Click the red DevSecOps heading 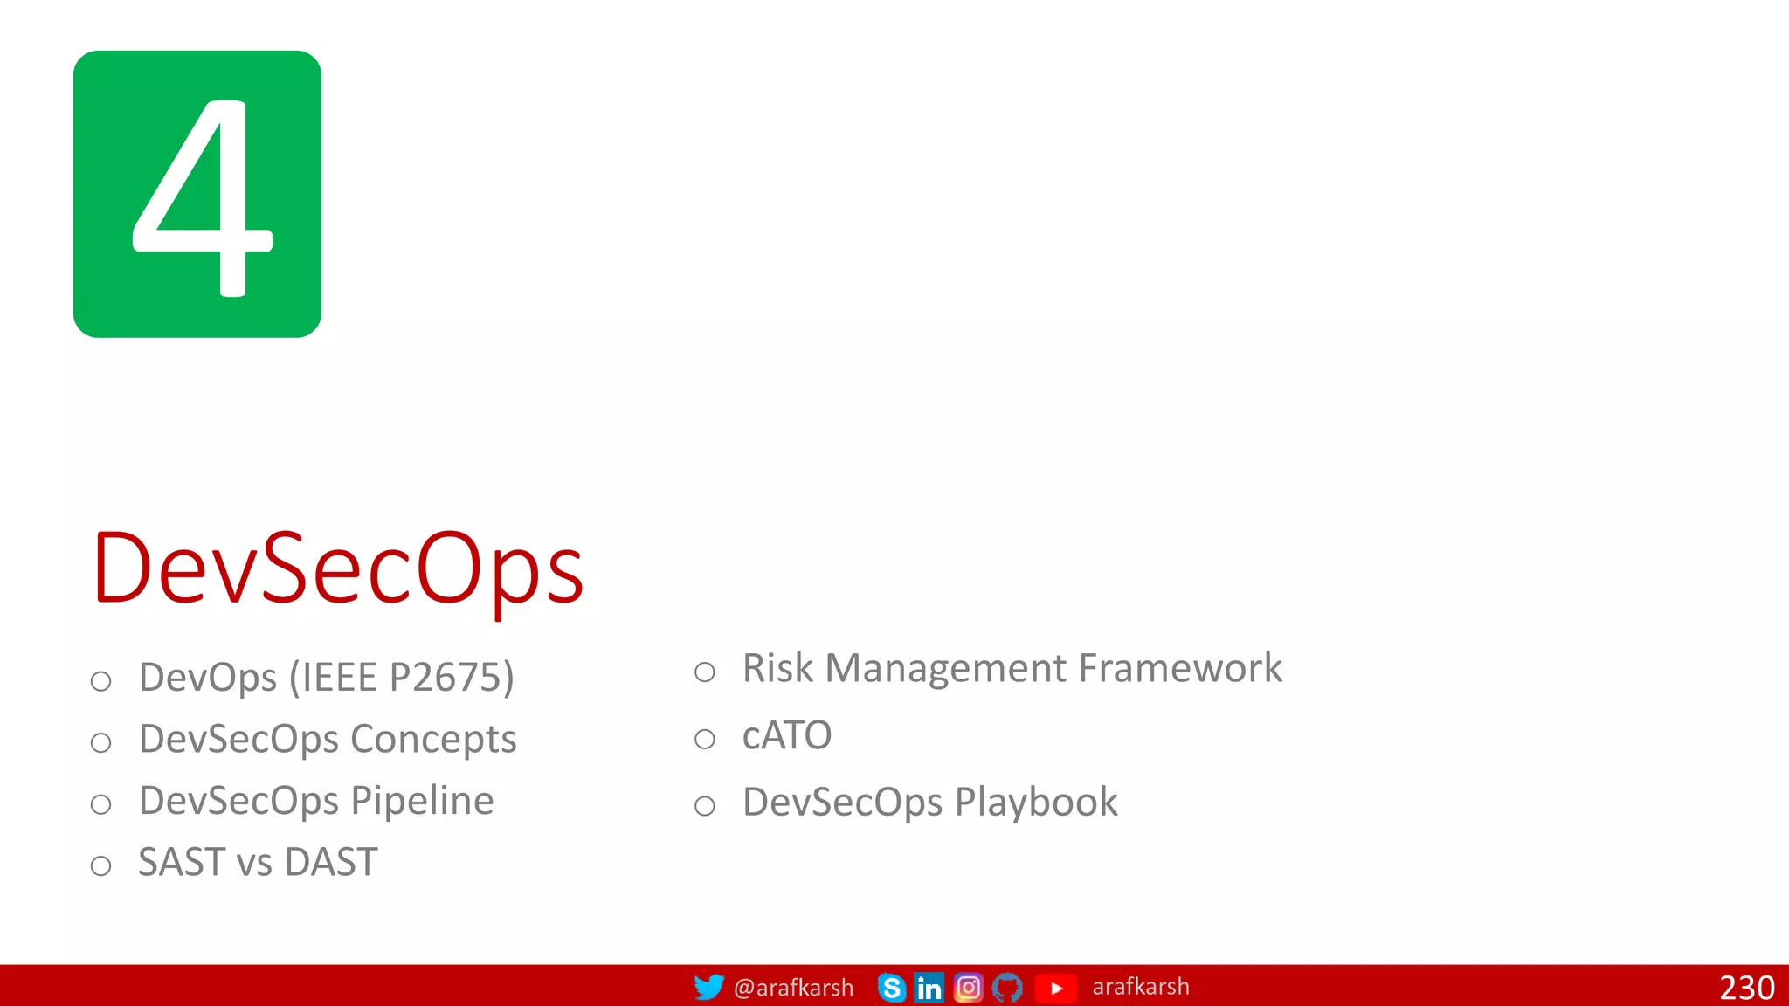pyautogui.click(x=338, y=568)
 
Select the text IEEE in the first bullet pyautogui.click(x=339, y=678)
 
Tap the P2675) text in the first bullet pyautogui.click(x=452, y=678)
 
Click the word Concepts pyautogui.click(x=433, y=740)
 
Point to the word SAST pyautogui.click(x=182, y=863)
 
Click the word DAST pyautogui.click(x=331, y=863)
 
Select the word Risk pyautogui.click(x=777, y=668)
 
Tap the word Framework pyautogui.click(x=1180, y=668)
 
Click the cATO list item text pyautogui.click(x=786, y=735)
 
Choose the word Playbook pyautogui.click(x=1036, y=803)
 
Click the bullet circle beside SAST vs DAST pyautogui.click(x=101, y=865)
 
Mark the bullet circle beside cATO pyautogui.click(x=705, y=740)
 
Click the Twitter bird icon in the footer pyautogui.click(x=708, y=987)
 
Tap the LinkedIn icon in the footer pyautogui.click(x=929, y=988)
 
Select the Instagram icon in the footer pyautogui.click(x=968, y=988)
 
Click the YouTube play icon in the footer pyautogui.click(x=1055, y=988)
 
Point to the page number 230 pyautogui.click(x=1746, y=988)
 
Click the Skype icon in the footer pyautogui.click(x=891, y=988)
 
